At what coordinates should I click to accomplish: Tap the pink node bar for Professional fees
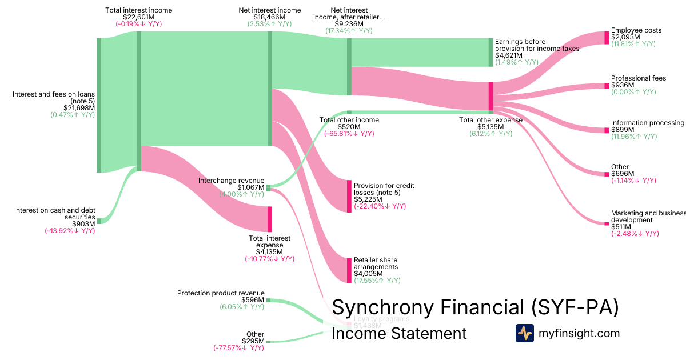click(x=607, y=86)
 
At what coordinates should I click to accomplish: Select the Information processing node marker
click(x=607, y=130)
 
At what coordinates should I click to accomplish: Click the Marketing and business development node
click(x=607, y=223)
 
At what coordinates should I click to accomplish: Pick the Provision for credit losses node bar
click(x=349, y=196)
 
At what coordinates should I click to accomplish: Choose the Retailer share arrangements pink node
click(x=349, y=270)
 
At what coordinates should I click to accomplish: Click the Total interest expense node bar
click(x=270, y=219)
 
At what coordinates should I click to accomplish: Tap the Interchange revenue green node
click(x=268, y=187)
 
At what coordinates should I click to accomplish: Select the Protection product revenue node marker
click(x=268, y=300)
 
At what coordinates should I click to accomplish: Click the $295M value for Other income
click(x=253, y=341)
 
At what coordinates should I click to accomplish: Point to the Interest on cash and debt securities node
click(x=99, y=221)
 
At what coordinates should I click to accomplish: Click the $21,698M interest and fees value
click(x=79, y=107)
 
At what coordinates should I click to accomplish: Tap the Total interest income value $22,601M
click(x=139, y=17)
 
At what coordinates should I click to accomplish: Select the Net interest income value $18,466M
click(x=270, y=17)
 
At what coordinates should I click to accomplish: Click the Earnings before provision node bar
click(x=490, y=53)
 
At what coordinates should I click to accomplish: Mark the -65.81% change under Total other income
click(x=349, y=134)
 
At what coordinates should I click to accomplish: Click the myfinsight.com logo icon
click(x=524, y=333)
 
